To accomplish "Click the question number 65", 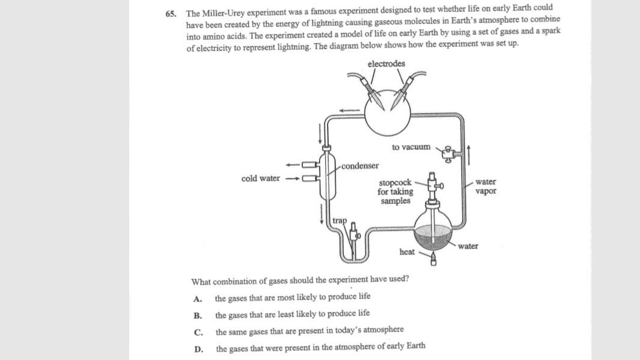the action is pyautogui.click(x=171, y=14).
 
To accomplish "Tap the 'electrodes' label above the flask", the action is pyautogui.click(x=386, y=64).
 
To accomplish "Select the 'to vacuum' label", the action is pyautogui.click(x=411, y=147).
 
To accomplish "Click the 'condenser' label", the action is pyautogui.click(x=360, y=166).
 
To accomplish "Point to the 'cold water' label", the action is pyautogui.click(x=260, y=178).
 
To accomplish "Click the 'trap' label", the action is pyautogui.click(x=340, y=221).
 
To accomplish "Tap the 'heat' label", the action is pyautogui.click(x=407, y=252).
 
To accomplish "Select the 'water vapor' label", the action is pyautogui.click(x=486, y=186).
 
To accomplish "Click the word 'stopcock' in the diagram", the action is pyautogui.click(x=395, y=183).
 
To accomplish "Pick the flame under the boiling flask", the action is pyautogui.click(x=433, y=258).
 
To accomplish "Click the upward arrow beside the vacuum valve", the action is pyautogui.click(x=469, y=155).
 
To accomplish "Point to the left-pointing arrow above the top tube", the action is pyautogui.click(x=349, y=110).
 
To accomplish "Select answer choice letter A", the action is pyautogui.click(x=198, y=299).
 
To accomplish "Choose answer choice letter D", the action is pyautogui.click(x=198, y=349).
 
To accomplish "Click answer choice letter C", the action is pyautogui.click(x=198, y=332).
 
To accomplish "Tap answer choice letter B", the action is pyautogui.click(x=198, y=316).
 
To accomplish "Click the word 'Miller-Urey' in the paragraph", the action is pyautogui.click(x=224, y=13).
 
